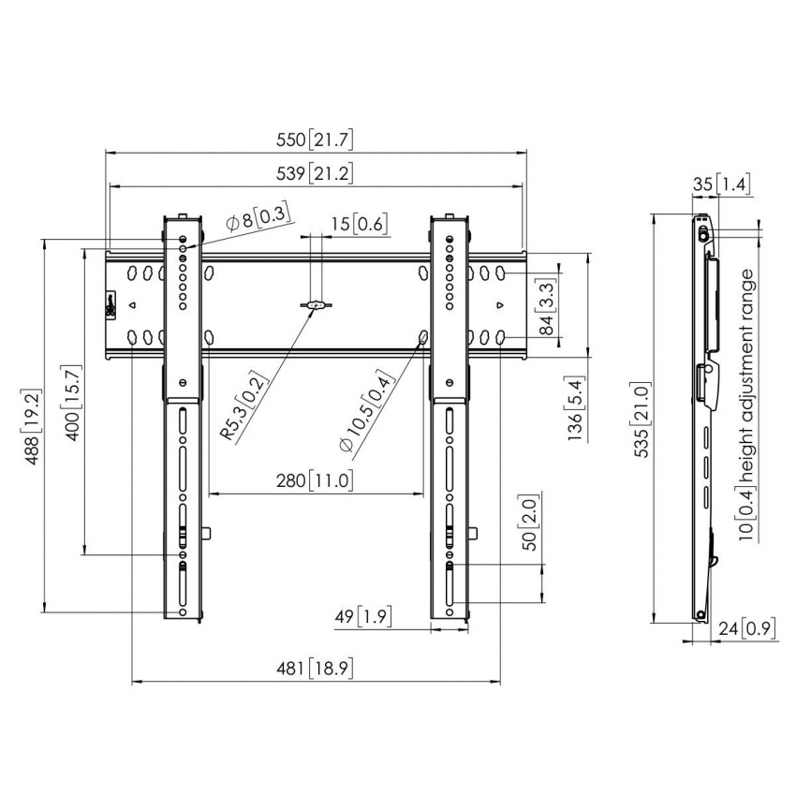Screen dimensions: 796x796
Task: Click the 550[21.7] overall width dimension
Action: pos(315,140)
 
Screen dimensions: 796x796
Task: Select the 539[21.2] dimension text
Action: pos(315,173)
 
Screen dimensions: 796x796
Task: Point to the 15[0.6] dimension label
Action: pos(360,224)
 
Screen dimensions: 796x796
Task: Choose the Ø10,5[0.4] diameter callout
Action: pos(366,411)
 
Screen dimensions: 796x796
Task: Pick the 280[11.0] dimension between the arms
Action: pos(315,480)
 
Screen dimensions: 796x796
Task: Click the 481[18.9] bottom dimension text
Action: pos(315,668)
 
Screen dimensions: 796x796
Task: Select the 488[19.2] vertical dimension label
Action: pos(32,427)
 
